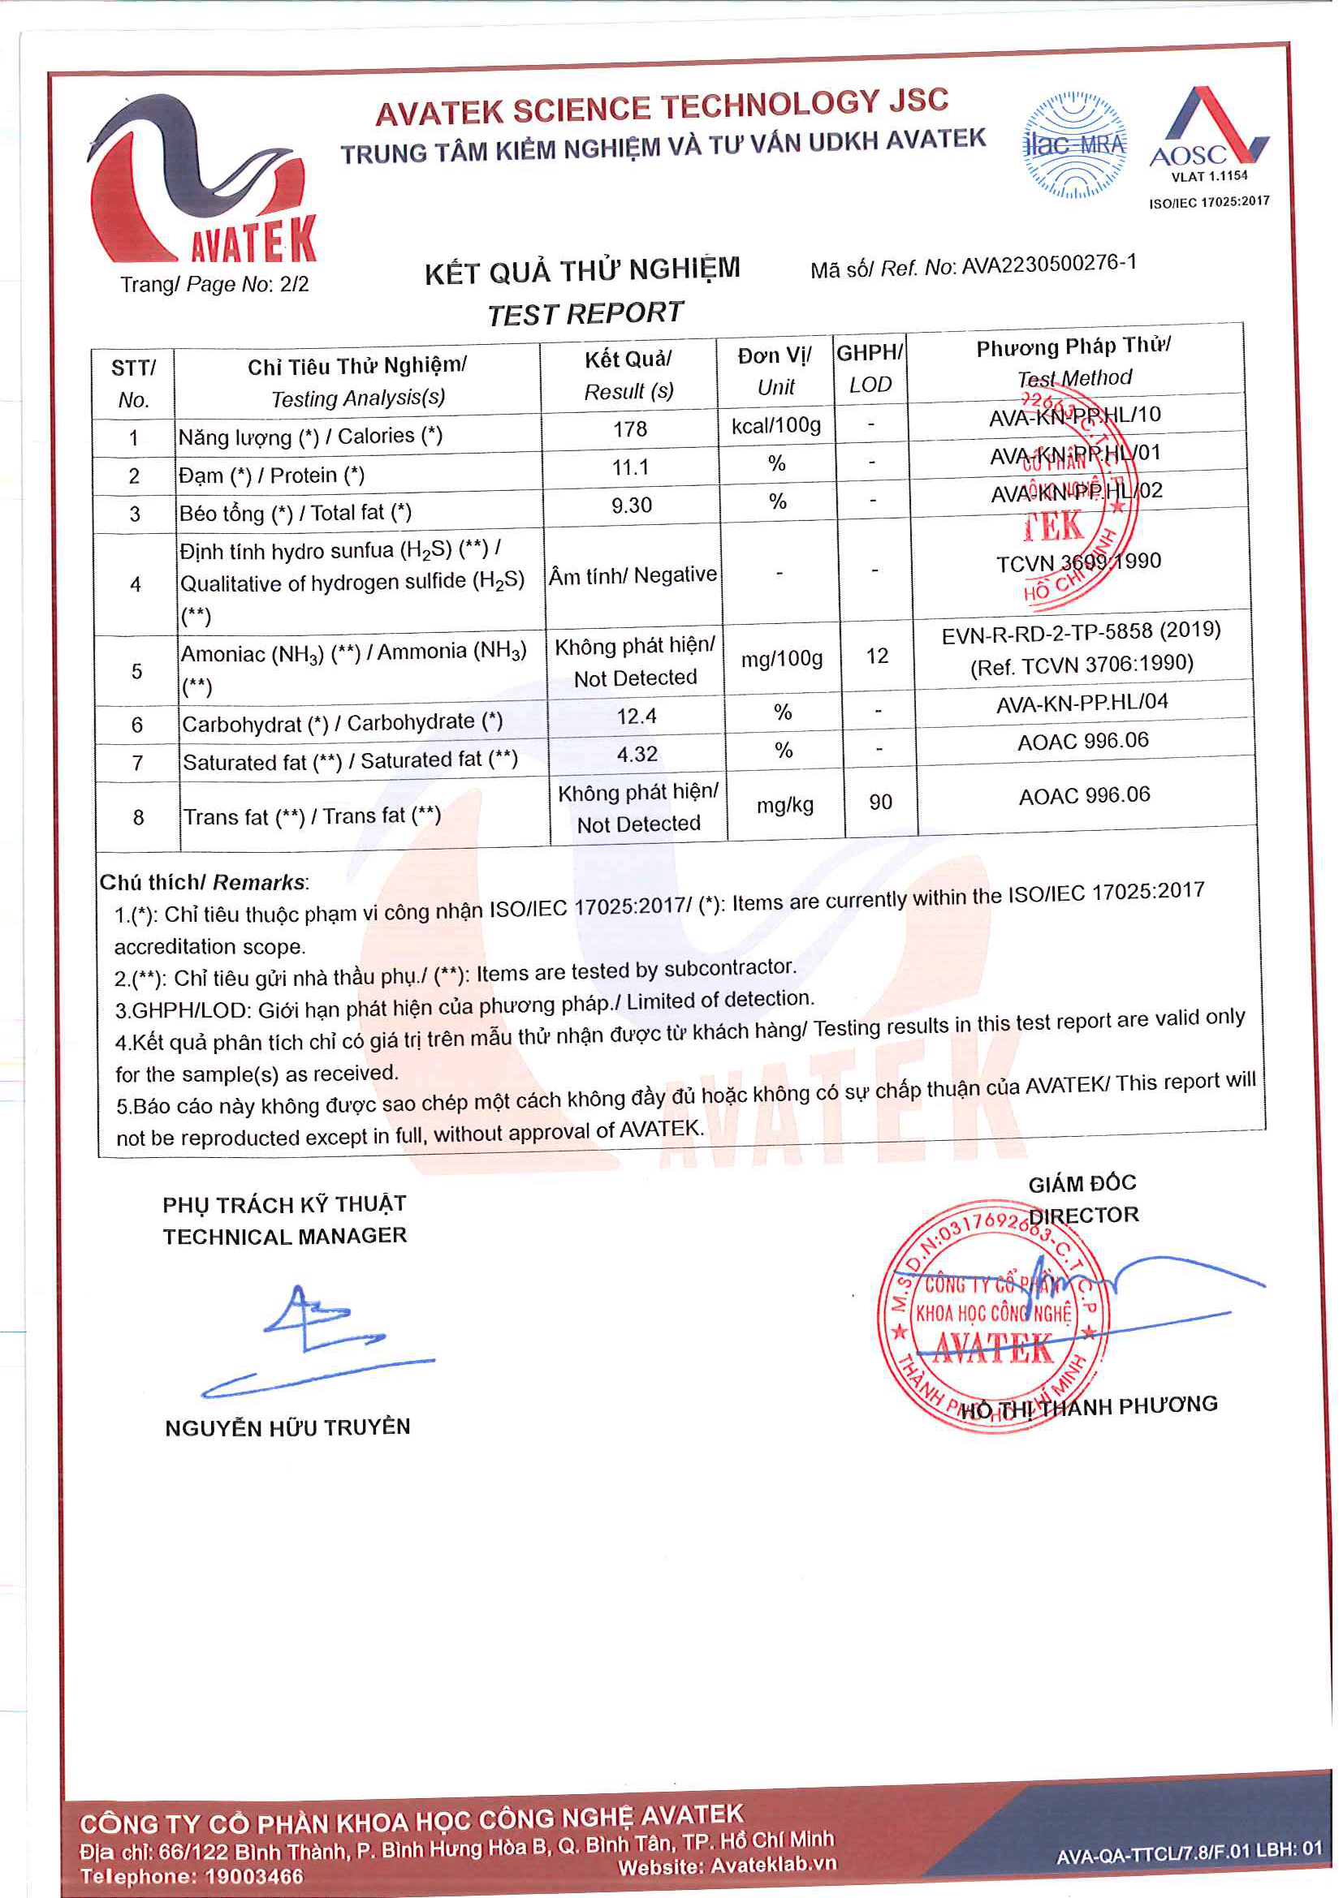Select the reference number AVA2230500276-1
click(x=1048, y=265)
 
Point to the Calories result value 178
click(x=629, y=429)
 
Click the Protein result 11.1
click(x=630, y=468)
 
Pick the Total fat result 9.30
click(x=631, y=505)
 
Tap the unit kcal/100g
click(x=775, y=426)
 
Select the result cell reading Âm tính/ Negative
click(x=633, y=575)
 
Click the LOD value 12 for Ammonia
click(x=877, y=656)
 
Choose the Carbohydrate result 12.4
click(x=636, y=716)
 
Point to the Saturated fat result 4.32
click(x=637, y=754)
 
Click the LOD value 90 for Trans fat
click(x=880, y=802)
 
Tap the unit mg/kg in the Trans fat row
click(x=784, y=805)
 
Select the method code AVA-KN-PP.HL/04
click(x=1082, y=703)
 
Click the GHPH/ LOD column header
click(x=869, y=368)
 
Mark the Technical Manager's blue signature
click(x=318, y=1339)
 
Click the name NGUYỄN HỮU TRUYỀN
click(x=287, y=1427)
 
